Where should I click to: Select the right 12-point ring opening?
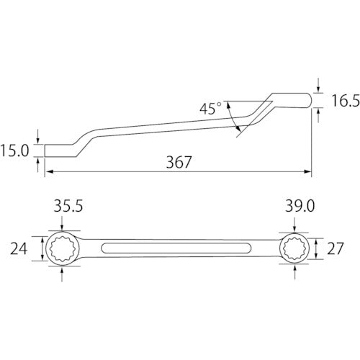pos(294,250)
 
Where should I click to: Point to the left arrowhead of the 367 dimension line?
pos(49,172)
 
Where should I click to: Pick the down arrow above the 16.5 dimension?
pos(315,86)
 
